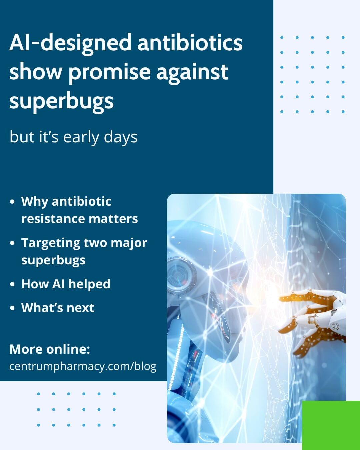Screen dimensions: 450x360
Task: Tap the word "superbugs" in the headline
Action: [x=61, y=101]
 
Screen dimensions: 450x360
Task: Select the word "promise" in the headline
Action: [x=110, y=72]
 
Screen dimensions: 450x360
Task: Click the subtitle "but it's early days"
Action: [x=73, y=137]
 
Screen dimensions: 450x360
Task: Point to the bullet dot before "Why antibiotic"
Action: [x=12, y=202]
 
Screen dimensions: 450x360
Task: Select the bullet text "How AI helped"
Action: [x=66, y=284]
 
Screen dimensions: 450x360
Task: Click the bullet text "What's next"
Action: [x=58, y=308]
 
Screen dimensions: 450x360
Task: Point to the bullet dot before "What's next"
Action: [x=12, y=308]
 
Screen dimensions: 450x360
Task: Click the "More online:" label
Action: [x=50, y=349]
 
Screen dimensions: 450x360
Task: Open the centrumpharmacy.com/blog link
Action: [x=83, y=366]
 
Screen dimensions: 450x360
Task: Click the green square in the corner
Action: [x=331, y=425]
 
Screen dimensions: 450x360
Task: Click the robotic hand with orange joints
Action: [x=317, y=317]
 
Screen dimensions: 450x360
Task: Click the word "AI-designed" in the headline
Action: [x=70, y=43]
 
